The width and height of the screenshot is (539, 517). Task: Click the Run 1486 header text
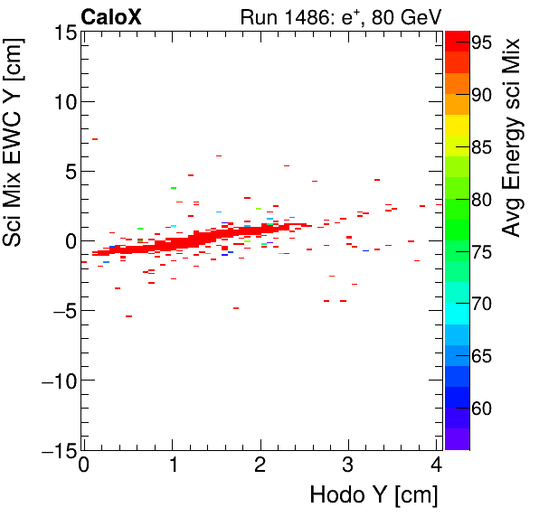coord(339,16)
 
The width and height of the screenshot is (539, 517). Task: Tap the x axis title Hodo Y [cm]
coord(374,495)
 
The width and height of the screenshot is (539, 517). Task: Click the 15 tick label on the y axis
coord(61,33)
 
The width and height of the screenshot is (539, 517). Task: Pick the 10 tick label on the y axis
coord(61,102)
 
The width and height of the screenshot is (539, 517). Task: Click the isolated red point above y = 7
coord(94,139)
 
